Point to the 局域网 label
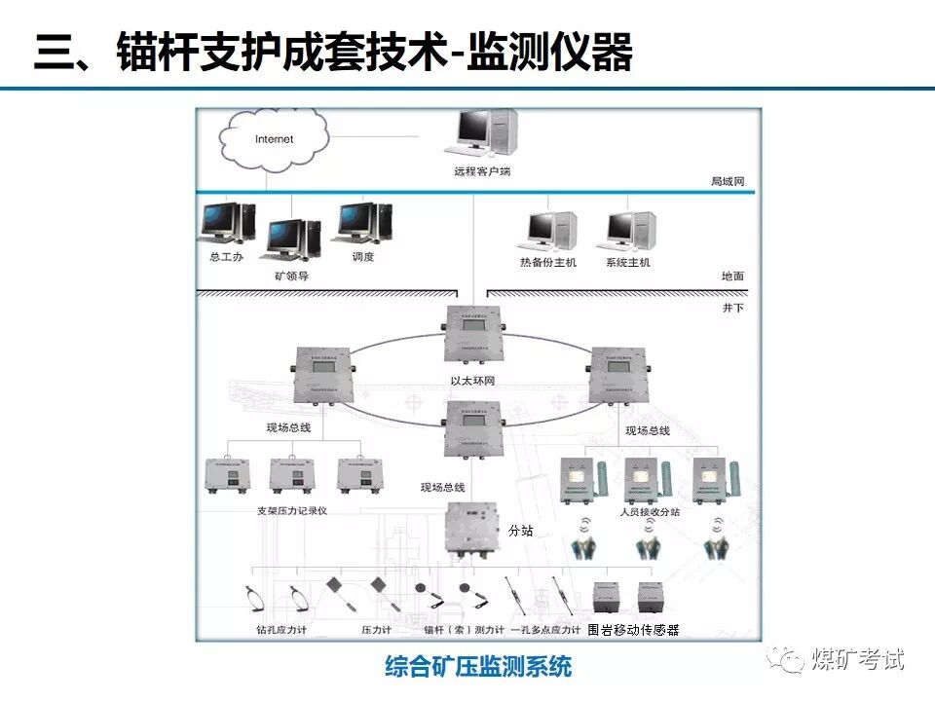pos(727,182)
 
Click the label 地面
pos(732,277)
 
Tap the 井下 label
pos(732,308)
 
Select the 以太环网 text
pos(472,381)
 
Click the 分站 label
pos(521,531)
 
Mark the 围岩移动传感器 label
pos(633,631)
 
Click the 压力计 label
pos(375,631)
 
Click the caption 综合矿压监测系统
pos(478,668)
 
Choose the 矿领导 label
pos(292,277)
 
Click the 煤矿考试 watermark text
pos(857,659)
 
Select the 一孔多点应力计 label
pos(545,631)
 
